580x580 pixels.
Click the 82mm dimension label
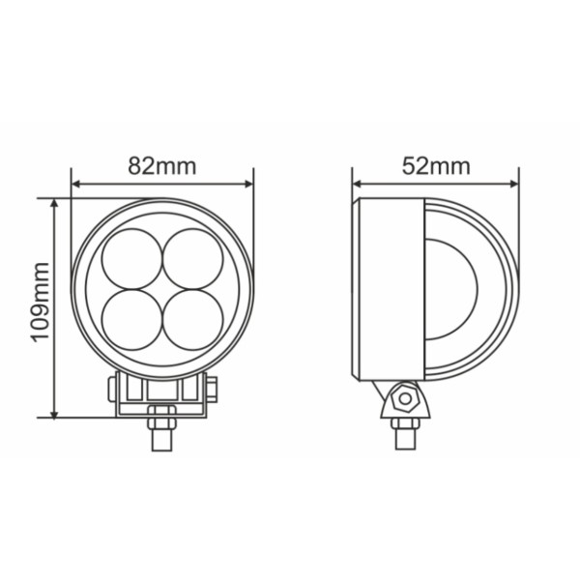(x=162, y=166)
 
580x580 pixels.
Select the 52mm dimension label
(x=436, y=166)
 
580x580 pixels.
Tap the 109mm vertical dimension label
(x=40, y=303)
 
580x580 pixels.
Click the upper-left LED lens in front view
(x=132, y=258)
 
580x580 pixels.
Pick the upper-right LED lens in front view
(x=193, y=258)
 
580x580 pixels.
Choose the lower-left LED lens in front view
(x=132, y=320)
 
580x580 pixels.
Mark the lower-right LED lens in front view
(x=193, y=320)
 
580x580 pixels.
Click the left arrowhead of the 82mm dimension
(x=75, y=184)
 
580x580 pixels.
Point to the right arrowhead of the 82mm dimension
(x=249, y=184)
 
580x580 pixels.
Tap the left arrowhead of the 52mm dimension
(x=357, y=184)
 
